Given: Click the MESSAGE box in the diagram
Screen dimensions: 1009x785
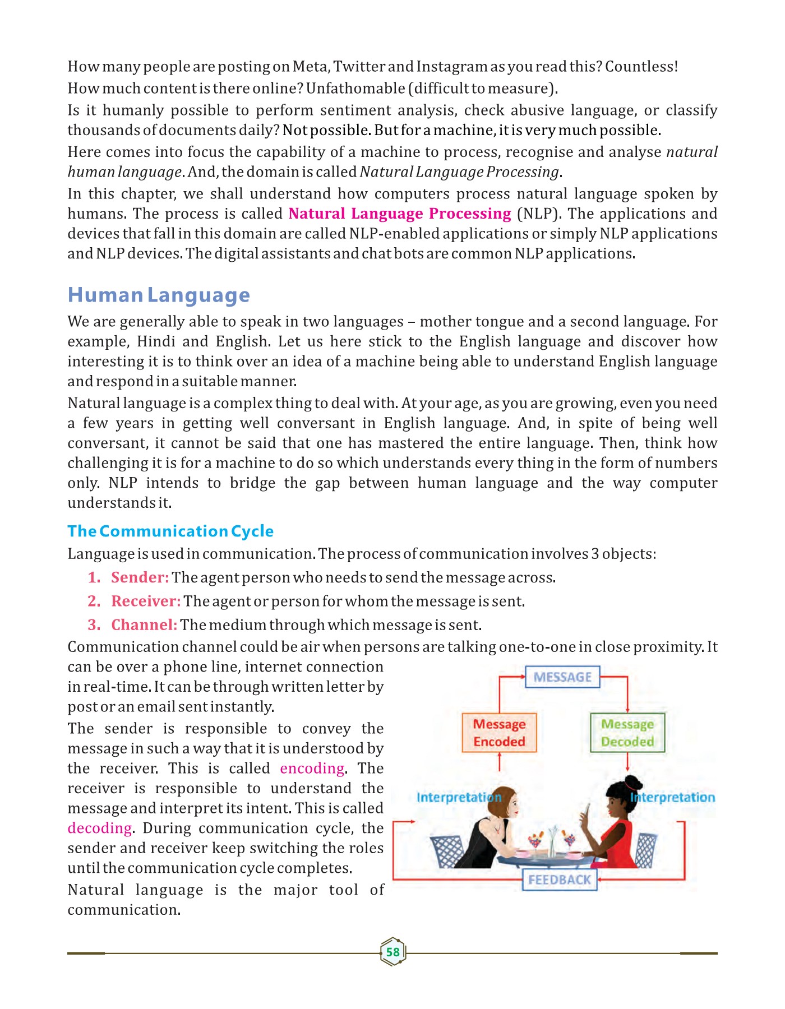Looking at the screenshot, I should [x=562, y=677].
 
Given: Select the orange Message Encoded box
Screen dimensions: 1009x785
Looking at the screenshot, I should [x=499, y=733].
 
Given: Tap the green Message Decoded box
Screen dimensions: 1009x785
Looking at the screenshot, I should [x=627, y=733].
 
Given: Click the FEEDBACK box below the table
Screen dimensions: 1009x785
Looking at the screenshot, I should [x=560, y=880].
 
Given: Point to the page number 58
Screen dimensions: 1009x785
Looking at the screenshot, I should [x=392, y=952].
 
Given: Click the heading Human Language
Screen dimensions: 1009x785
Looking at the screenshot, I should [x=159, y=295].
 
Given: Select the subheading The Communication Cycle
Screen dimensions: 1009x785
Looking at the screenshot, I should [x=170, y=531].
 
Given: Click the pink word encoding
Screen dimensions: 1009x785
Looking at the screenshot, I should [x=312, y=769].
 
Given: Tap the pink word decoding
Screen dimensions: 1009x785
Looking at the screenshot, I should [x=100, y=828].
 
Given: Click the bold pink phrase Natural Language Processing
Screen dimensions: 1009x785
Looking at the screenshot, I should [x=399, y=214].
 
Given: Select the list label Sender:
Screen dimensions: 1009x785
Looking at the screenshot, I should [x=140, y=577].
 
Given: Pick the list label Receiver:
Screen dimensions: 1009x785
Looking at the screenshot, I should [x=146, y=601].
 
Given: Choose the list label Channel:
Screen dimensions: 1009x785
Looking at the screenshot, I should [x=144, y=625].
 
